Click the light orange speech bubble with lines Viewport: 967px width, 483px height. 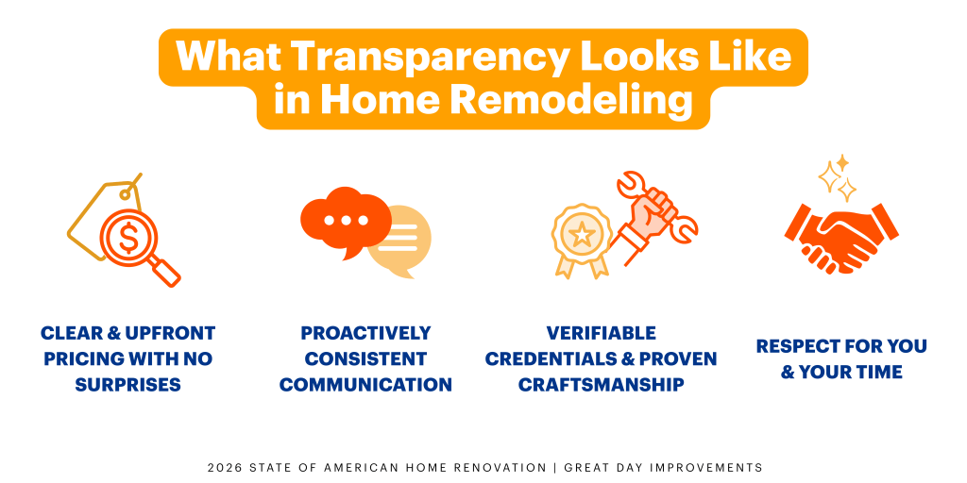[x=400, y=241]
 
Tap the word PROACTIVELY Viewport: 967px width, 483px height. [x=365, y=333]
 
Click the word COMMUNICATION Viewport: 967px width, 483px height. [x=365, y=385]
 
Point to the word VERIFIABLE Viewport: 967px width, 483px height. [x=601, y=333]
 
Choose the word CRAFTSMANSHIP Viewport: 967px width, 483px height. [x=601, y=385]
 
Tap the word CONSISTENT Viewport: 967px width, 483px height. [x=365, y=359]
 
